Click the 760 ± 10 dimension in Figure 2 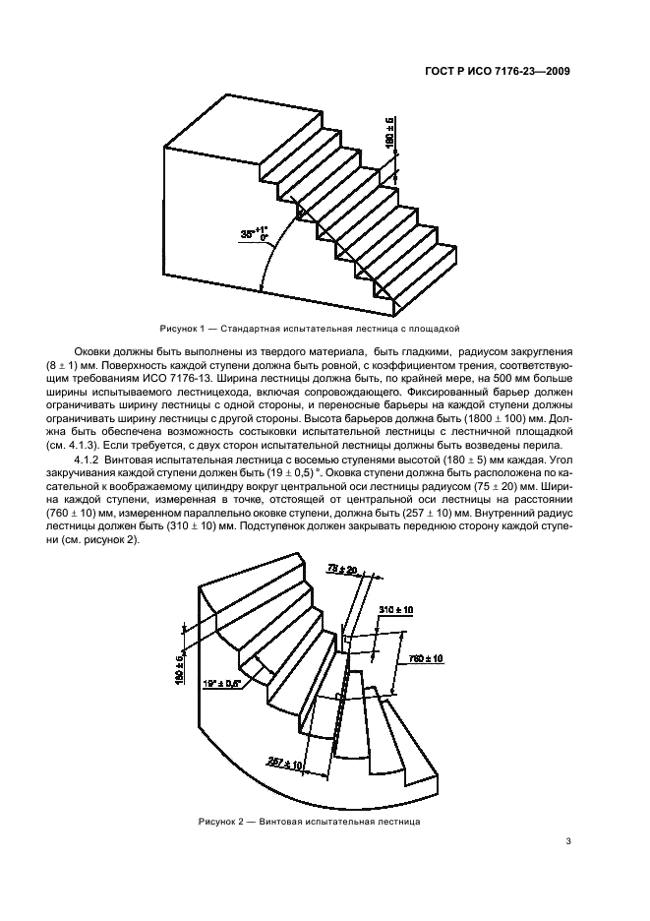[424, 656]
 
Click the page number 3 [569, 840]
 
